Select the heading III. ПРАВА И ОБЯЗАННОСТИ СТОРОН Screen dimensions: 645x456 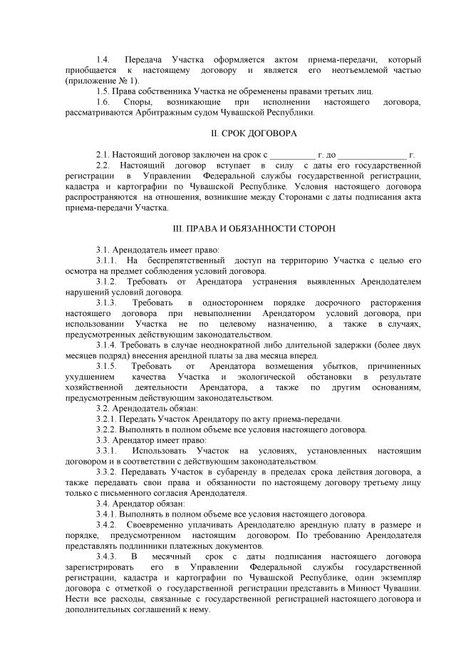(255, 230)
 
